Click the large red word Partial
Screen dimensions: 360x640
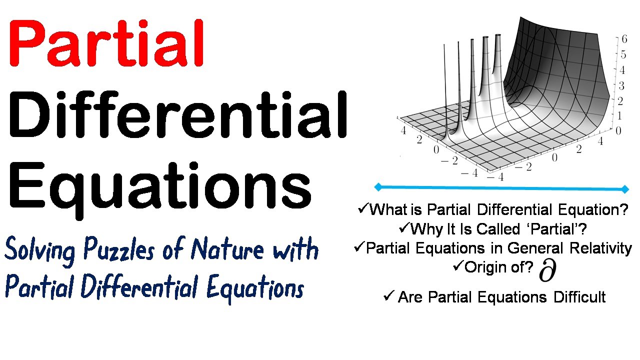[106, 44]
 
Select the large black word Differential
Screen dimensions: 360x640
[178, 116]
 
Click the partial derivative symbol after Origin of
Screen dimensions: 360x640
[548, 271]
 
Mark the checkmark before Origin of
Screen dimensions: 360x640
[458, 266]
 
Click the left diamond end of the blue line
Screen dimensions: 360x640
[378, 187]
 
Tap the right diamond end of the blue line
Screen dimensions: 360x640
[625, 189]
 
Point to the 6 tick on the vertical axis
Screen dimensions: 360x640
[623, 38]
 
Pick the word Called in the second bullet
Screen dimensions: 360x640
[498, 229]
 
